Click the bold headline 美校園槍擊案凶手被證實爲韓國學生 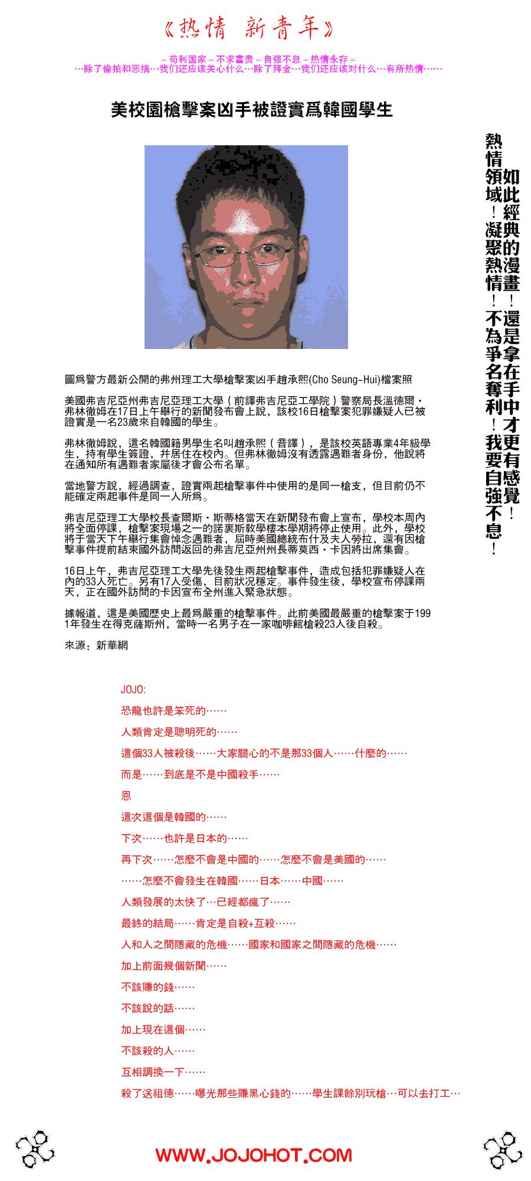[252, 110]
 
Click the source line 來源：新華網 [96, 645]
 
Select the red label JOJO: [133, 689]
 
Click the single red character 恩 [126, 795]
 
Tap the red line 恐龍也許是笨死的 [173, 710]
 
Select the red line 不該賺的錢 [158, 987]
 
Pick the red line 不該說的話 [158, 1008]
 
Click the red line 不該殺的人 [158, 1050]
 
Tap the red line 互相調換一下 [163, 1072]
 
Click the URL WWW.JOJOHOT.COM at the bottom [254, 1155]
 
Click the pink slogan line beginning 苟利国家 [258, 60]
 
